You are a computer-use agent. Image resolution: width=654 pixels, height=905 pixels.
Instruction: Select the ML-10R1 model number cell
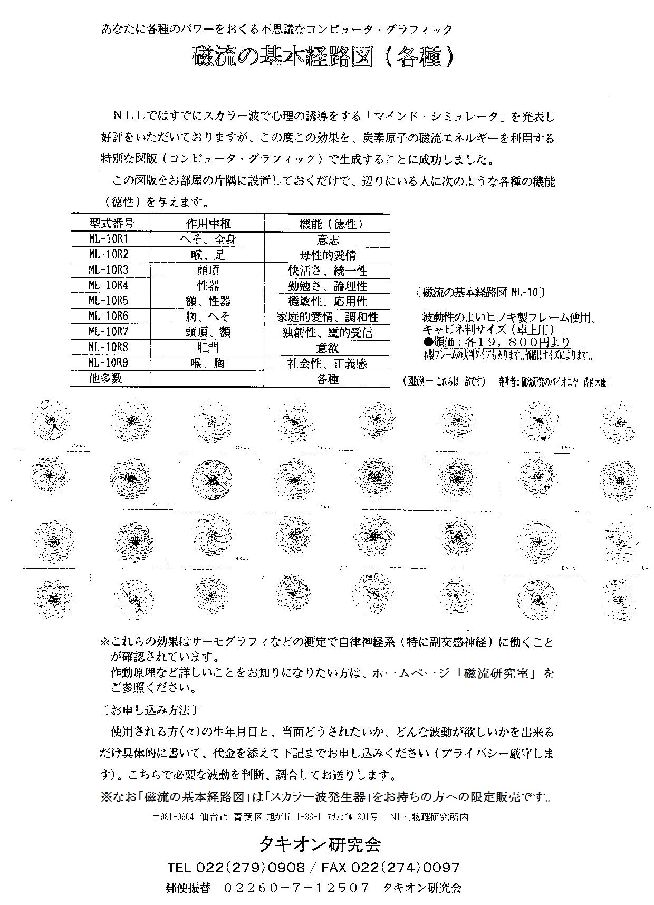click(x=109, y=239)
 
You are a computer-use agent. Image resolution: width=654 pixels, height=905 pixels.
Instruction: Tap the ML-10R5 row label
click(x=109, y=301)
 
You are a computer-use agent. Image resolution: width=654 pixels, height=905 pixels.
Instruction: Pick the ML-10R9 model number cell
click(x=109, y=362)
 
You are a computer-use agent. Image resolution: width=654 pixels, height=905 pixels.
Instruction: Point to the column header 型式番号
click(x=111, y=223)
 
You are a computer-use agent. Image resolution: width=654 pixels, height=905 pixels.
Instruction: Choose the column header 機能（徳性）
click(x=328, y=224)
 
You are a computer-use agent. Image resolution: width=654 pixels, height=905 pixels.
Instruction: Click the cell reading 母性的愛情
click(x=328, y=255)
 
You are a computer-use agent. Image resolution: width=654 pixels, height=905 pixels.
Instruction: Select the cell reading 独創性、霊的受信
click(x=328, y=332)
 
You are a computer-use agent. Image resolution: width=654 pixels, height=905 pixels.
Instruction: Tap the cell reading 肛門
click(x=208, y=348)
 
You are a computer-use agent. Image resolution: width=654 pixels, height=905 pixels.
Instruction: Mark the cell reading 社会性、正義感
click(x=328, y=363)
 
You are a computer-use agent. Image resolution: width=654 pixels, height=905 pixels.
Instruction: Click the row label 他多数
click(x=105, y=378)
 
